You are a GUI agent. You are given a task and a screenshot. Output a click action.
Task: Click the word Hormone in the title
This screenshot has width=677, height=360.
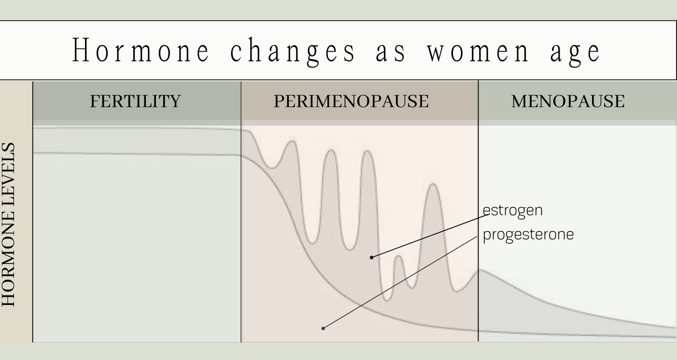pos(140,51)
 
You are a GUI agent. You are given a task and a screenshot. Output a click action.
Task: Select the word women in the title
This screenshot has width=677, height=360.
pos(474,51)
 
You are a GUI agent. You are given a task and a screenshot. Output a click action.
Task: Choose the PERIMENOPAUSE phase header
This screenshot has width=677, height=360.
pos(351,101)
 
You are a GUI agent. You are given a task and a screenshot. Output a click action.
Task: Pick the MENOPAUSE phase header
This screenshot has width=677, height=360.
pos(567,101)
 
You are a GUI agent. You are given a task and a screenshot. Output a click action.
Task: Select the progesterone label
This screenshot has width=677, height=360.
pos(528,235)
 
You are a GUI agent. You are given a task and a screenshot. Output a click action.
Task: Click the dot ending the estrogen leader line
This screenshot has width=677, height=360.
pos(371,257)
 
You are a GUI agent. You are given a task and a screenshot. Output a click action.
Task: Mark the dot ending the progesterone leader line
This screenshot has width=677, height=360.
pos(323,328)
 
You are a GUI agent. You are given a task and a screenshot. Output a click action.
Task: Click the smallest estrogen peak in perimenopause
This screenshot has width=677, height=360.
pos(398,256)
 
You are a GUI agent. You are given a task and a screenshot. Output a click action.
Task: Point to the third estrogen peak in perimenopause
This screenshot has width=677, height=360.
pos(367,152)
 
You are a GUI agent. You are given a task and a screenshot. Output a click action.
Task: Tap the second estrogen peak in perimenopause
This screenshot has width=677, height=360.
pos(330,152)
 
